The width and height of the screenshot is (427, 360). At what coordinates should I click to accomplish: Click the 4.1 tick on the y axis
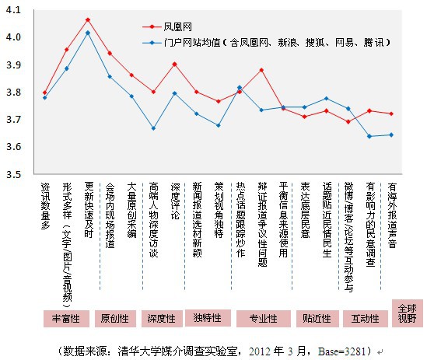point(13,10)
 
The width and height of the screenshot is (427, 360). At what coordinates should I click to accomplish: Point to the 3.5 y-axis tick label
point(13,174)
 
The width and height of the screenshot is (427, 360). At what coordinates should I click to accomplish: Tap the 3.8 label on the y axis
point(13,93)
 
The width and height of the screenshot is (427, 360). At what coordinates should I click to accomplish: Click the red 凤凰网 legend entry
point(167,26)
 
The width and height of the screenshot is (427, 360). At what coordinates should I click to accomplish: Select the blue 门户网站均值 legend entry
point(266,43)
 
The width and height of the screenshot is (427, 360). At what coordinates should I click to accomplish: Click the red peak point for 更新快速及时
point(88,19)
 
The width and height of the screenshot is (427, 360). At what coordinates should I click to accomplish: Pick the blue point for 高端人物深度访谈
point(153,128)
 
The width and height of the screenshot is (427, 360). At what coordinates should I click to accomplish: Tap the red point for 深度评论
point(175,65)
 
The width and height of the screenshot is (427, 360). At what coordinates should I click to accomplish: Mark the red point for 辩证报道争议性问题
point(261,70)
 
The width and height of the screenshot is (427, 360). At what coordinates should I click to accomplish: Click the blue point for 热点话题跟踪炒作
point(240,87)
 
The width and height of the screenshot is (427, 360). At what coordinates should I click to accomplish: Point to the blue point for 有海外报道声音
point(391,135)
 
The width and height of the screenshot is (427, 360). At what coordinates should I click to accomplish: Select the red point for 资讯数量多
point(45,93)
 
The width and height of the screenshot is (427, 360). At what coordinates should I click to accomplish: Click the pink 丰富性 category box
point(66,318)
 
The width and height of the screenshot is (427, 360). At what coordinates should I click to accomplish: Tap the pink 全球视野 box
point(408,313)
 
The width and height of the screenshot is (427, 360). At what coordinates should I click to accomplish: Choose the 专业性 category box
point(264,318)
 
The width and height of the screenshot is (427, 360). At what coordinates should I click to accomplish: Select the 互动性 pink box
point(366,318)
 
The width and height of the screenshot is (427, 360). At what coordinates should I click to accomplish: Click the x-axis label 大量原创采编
point(131,210)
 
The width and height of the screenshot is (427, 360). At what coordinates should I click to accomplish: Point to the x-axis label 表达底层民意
point(305,210)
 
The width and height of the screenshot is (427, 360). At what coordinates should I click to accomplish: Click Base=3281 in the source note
point(341,351)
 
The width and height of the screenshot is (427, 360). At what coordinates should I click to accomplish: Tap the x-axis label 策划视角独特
point(219,210)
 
